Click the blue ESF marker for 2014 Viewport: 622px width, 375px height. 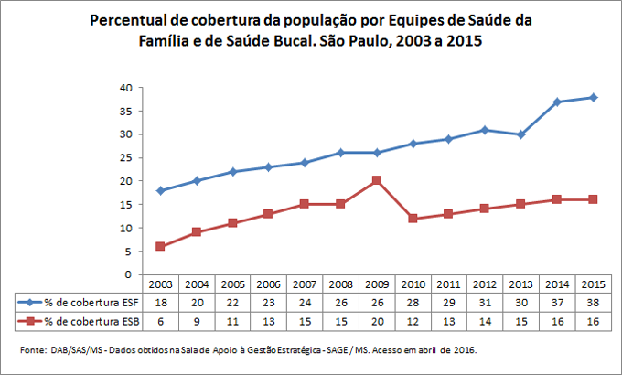click(559, 102)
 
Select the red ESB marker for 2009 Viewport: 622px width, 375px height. click(375, 180)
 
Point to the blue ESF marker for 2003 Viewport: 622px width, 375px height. click(161, 190)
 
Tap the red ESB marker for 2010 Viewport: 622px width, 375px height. click(412, 218)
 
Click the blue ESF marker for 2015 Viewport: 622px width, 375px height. click(594, 97)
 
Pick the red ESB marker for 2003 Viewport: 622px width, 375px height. click(161, 246)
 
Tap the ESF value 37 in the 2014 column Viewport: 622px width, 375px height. click(557, 301)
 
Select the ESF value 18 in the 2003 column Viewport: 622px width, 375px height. click(159, 301)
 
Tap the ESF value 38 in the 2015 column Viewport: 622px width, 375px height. click(593, 301)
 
